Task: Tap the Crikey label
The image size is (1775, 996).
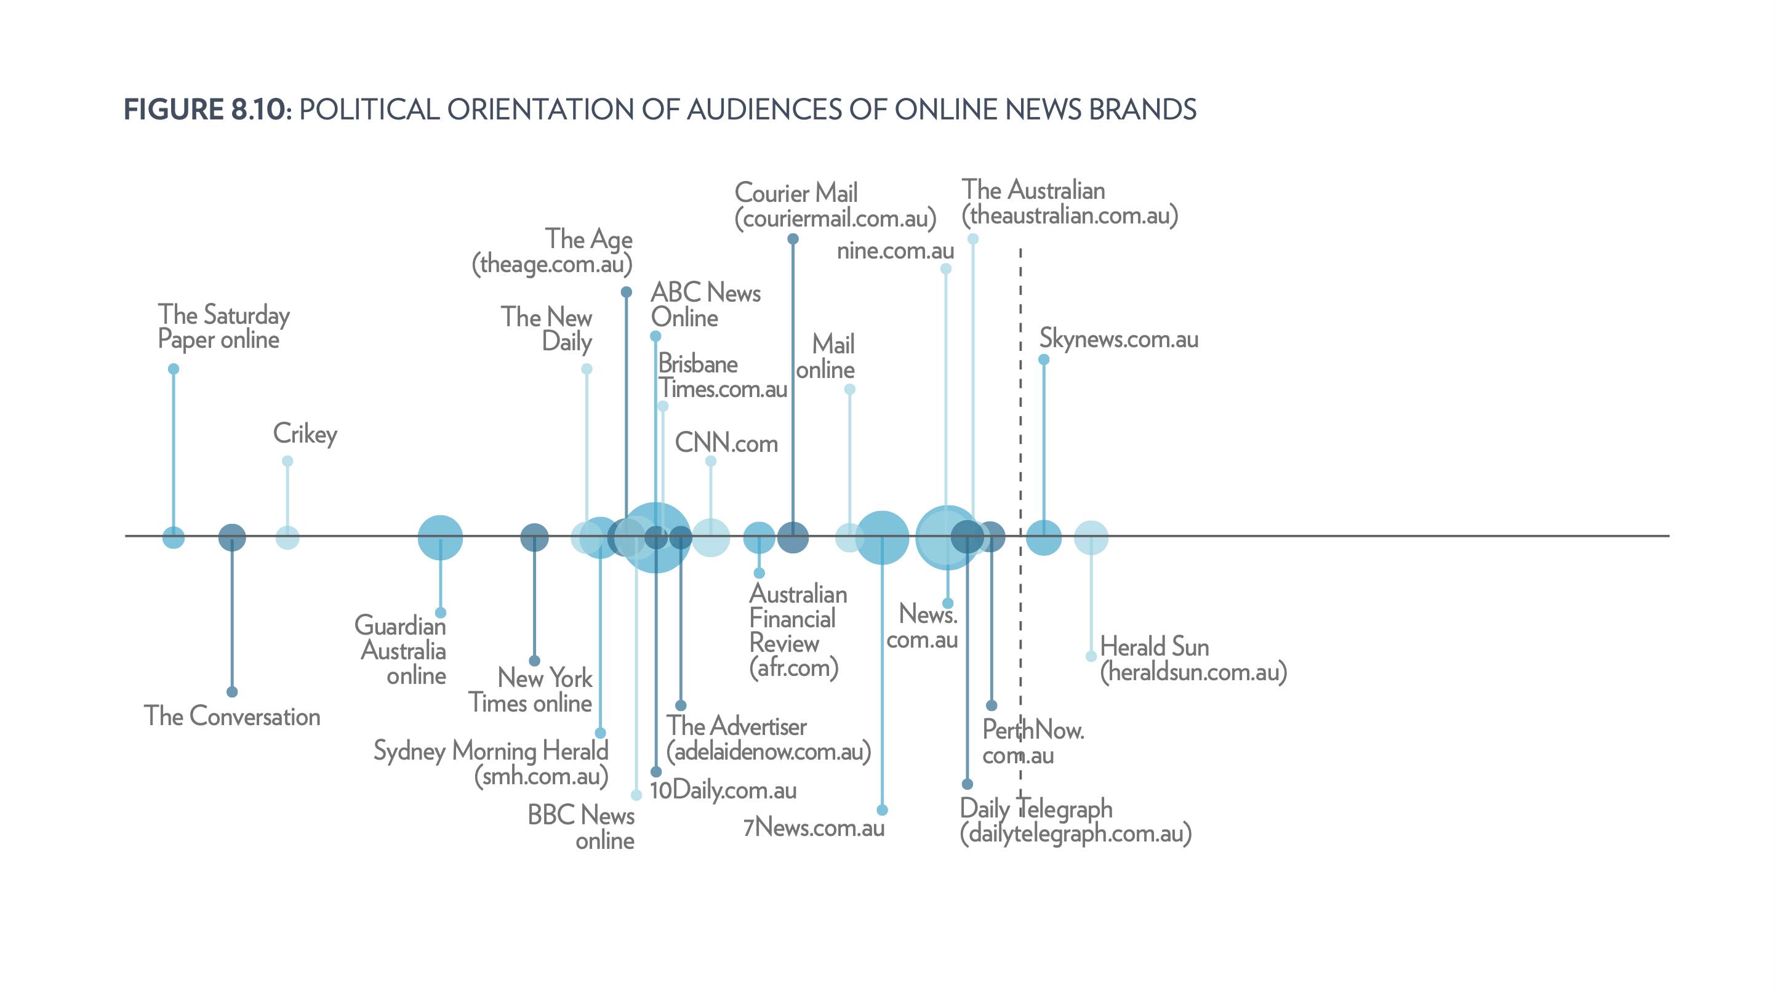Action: click(305, 433)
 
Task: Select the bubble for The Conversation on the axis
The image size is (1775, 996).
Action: click(232, 537)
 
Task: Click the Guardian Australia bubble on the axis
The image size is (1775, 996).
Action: click(440, 537)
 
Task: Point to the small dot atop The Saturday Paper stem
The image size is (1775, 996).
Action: click(174, 369)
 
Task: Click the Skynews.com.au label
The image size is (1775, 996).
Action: click(1118, 339)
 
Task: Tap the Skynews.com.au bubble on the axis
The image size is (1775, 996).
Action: click(1044, 537)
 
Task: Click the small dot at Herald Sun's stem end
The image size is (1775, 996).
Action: click(1091, 656)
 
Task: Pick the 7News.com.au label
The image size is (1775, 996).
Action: click(814, 828)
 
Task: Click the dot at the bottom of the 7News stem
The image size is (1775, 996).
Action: click(882, 810)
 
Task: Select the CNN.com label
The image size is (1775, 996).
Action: click(726, 443)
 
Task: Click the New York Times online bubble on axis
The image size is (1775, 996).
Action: click(534, 537)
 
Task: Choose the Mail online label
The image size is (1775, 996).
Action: click(825, 357)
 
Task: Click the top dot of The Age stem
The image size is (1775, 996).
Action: click(627, 292)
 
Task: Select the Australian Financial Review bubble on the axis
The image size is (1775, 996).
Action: click(759, 537)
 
